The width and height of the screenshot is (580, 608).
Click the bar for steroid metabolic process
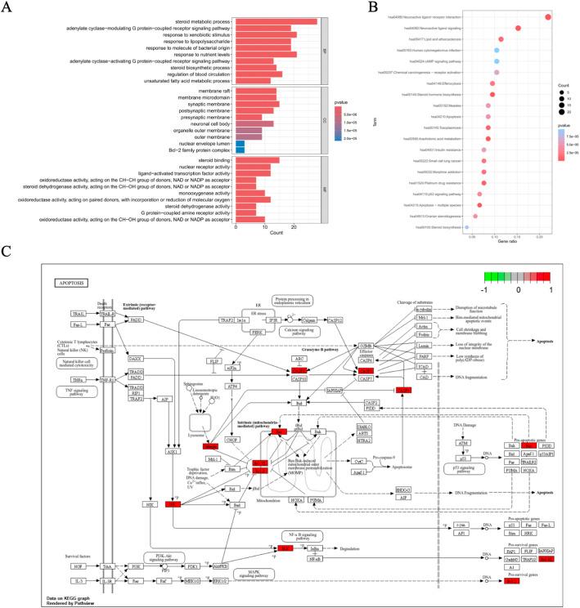[x=276, y=20]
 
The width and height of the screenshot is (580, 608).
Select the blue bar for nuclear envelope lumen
[x=240, y=144]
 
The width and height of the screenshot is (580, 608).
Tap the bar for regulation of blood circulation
[x=259, y=74]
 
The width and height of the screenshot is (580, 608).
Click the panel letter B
[x=374, y=7]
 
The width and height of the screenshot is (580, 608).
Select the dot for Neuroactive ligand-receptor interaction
[x=548, y=16]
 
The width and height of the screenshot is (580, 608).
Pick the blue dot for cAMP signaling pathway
[x=497, y=61]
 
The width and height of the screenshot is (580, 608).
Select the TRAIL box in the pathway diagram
[x=79, y=314]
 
